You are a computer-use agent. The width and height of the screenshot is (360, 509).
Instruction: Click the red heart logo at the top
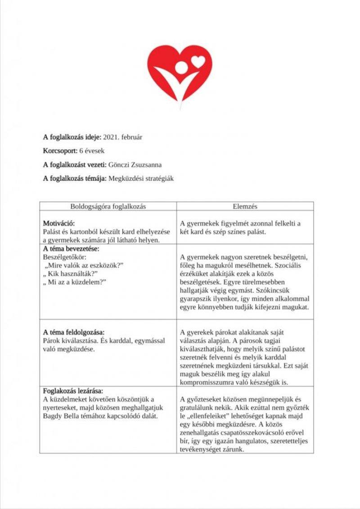tap(180, 74)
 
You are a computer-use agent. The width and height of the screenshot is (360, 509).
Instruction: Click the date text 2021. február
tap(123, 137)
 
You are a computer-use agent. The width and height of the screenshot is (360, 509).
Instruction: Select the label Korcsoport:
tap(60, 151)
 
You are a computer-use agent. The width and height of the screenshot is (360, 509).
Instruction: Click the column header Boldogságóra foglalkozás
tap(108, 206)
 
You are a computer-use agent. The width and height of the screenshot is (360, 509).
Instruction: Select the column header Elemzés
tap(245, 206)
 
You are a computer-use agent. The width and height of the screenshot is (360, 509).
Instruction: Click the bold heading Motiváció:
tap(59, 223)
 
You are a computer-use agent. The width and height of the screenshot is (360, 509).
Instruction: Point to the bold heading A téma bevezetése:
tap(71, 248)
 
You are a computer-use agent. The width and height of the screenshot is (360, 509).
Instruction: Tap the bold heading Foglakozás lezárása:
tap(73, 390)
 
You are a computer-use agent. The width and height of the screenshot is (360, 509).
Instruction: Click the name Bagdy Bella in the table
tap(61, 415)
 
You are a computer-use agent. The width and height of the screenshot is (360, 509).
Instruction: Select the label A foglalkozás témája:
tap(75, 179)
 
